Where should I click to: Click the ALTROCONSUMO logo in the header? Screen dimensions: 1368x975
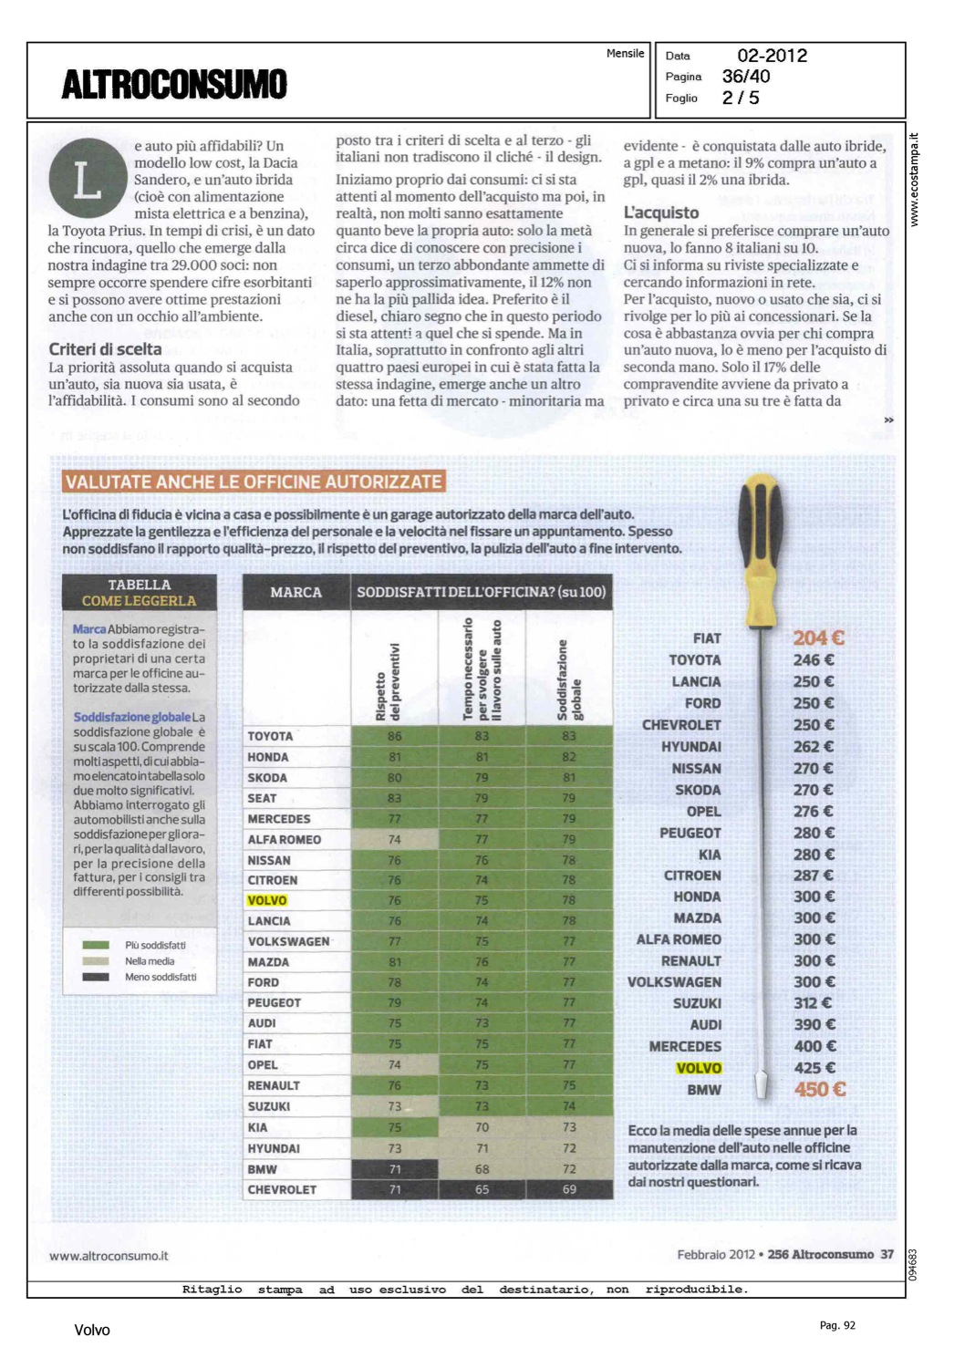tap(174, 84)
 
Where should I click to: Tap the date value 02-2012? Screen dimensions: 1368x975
tap(772, 56)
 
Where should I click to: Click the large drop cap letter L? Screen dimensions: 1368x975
tap(87, 179)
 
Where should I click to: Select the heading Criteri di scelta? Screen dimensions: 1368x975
tap(105, 349)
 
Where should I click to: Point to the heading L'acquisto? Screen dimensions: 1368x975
tap(661, 212)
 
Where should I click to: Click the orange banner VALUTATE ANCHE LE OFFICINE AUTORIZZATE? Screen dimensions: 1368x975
tap(254, 482)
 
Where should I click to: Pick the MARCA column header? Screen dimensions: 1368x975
tap(296, 593)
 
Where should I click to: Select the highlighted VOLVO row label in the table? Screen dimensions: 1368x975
tap(267, 900)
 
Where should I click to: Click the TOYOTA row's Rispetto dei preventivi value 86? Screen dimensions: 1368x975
tap(394, 736)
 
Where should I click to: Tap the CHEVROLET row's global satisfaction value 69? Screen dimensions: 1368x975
tap(569, 1189)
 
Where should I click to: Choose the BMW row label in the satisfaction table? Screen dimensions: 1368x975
tap(263, 1169)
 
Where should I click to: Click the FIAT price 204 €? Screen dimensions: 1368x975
tap(818, 638)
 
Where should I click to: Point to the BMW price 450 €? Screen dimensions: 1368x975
tap(819, 1089)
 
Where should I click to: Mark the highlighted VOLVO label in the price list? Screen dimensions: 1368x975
tap(699, 1068)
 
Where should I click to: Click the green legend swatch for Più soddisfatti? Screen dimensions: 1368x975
tap(96, 946)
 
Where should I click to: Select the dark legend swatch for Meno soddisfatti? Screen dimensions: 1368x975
tap(96, 977)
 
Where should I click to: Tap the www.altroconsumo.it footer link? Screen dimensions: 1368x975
tap(109, 1256)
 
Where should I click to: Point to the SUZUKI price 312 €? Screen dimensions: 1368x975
tap(813, 1003)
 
